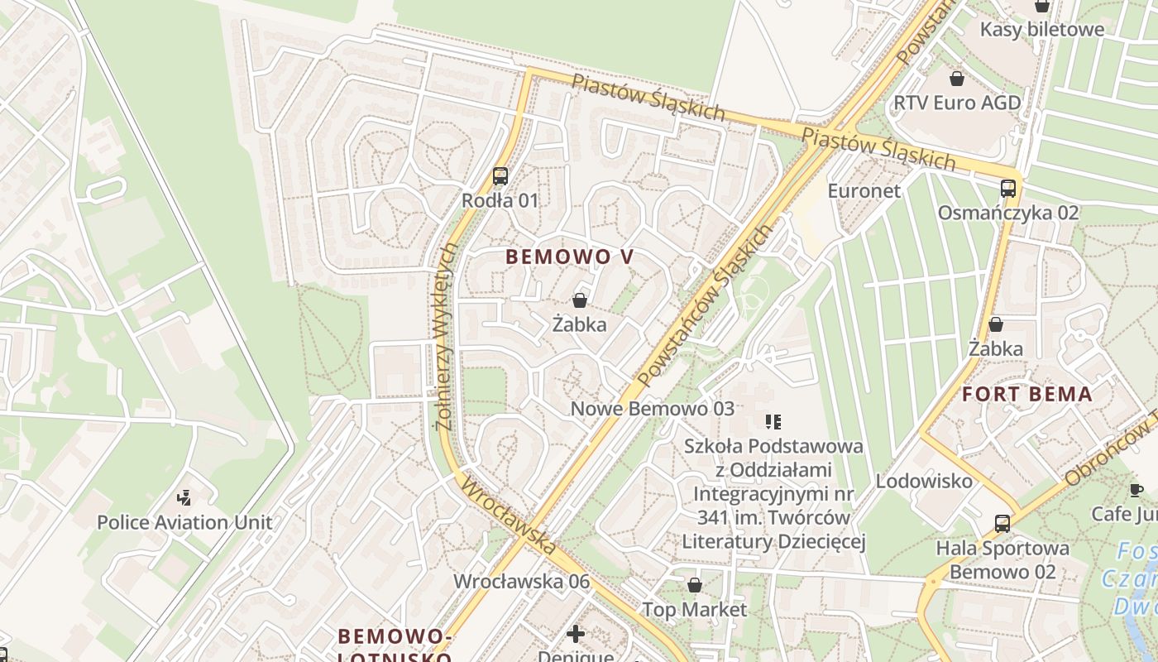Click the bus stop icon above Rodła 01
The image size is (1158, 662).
coord(500,175)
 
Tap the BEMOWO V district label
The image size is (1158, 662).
coord(569,257)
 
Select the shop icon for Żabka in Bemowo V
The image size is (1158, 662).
coord(580,300)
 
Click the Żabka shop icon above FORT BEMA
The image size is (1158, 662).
coord(996,324)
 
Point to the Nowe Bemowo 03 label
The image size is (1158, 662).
coord(652,409)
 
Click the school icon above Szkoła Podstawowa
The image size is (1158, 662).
coord(773,422)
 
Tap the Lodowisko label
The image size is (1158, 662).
coord(924,481)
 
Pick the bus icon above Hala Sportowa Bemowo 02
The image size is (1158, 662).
coord(1002,523)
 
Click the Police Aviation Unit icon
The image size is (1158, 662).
coord(184,497)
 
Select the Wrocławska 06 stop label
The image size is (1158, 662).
coord(521,581)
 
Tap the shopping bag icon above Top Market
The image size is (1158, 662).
coord(695,585)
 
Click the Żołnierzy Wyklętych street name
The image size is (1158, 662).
coord(447,336)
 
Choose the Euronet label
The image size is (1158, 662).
coord(864,190)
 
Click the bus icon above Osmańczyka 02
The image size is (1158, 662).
coord(1007,188)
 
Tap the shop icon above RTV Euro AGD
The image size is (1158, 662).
coord(957,79)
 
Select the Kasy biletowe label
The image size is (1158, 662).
coord(1041,30)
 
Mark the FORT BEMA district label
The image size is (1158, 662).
coord(1027,395)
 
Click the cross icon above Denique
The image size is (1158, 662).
coord(576,634)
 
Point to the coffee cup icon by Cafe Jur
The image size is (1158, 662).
coord(1136,491)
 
